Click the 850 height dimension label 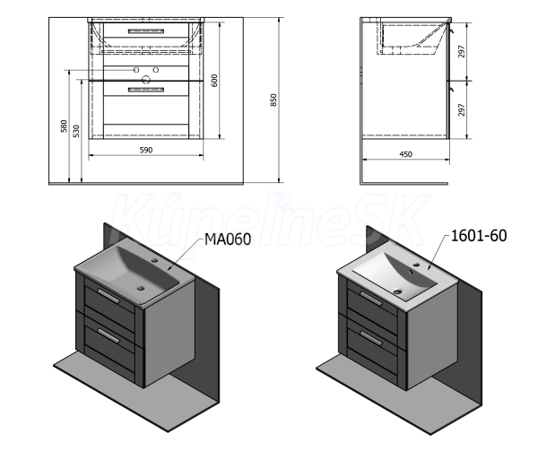click(273, 100)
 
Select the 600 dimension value click(214, 81)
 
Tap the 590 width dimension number click(146, 150)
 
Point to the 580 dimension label click(65, 126)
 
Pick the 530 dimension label click(76, 131)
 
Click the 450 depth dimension click(405, 154)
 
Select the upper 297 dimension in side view click(462, 51)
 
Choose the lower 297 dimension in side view click(462, 109)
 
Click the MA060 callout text click(228, 239)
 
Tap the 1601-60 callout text click(479, 236)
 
